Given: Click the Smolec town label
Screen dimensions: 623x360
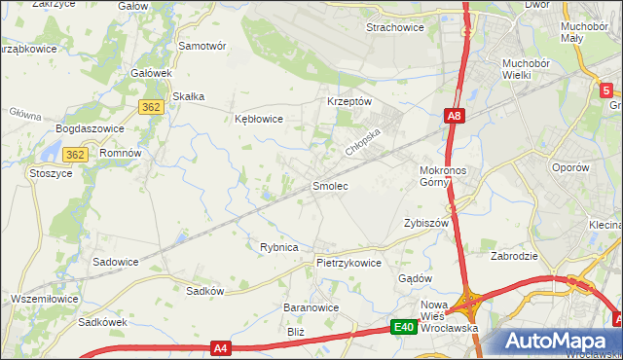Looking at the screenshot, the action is [x=330, y=185].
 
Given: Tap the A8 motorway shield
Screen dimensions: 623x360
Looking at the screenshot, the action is [x=454, y=117].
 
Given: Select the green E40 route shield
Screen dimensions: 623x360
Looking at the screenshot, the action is [x=405, y=328].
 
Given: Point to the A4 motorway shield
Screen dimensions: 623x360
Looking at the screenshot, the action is [x=221, y=347].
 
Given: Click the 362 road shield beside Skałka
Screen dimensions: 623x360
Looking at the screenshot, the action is [x=150, y=108].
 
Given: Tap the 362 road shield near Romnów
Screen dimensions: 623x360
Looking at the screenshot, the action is [x=75, y=155].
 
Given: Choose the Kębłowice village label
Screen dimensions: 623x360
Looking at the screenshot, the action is [x=259, y=119].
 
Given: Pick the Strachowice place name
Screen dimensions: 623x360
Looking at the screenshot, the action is [x=394, y=27].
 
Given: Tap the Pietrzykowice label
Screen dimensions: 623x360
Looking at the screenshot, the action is [x=348, y=263].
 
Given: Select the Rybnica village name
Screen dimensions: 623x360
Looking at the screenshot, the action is [x=278, y=247].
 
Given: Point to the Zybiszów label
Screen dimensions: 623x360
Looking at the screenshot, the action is [x=425, y=223].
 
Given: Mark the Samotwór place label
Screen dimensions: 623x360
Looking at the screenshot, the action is [x=202, y=46].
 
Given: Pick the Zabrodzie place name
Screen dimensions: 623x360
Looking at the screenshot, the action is [x=515, y=257].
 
